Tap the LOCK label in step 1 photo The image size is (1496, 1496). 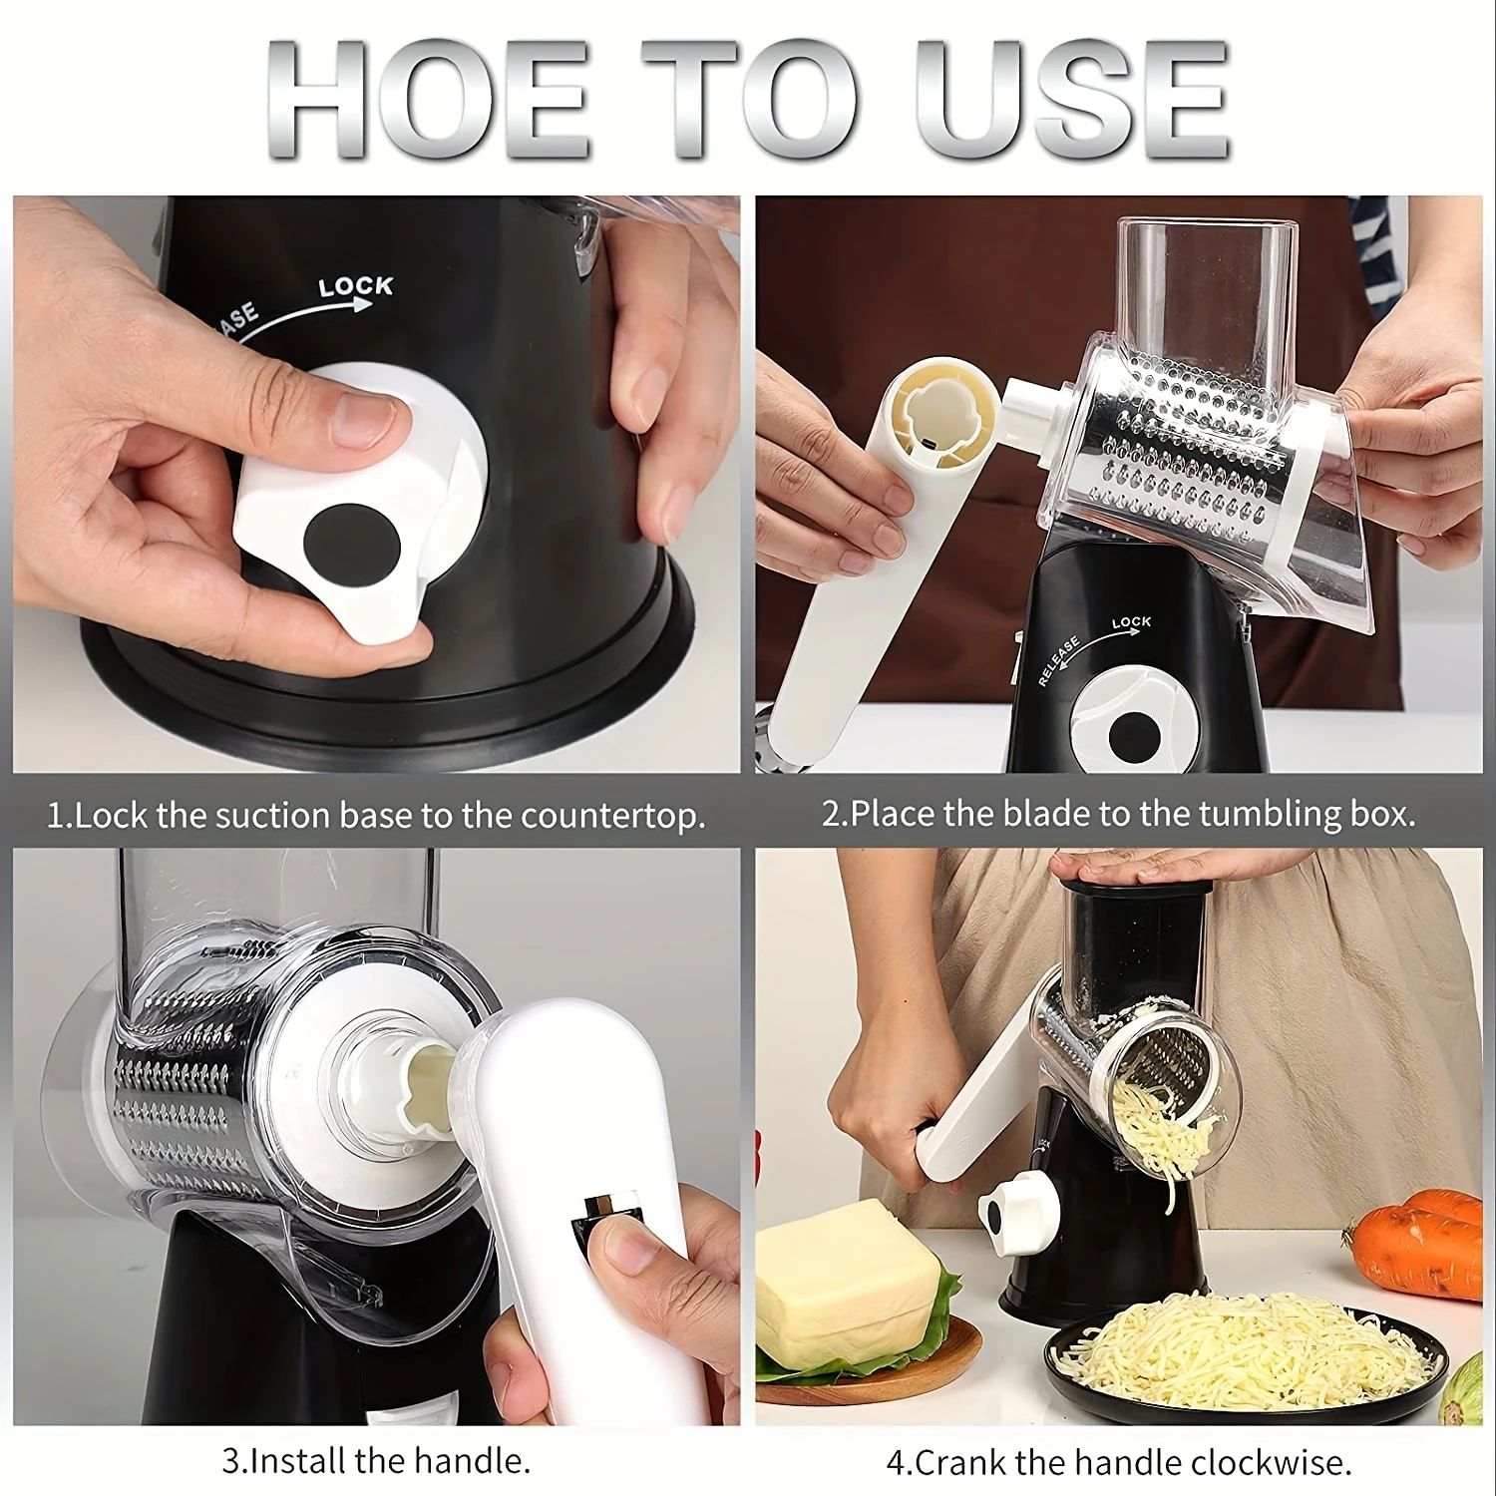(x=356, y=287)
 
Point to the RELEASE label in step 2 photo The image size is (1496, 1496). (x=1058, y=660)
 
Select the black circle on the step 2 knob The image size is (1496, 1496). (x=1133, y=737)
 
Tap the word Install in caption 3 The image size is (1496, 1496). (x=297, y=1461)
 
